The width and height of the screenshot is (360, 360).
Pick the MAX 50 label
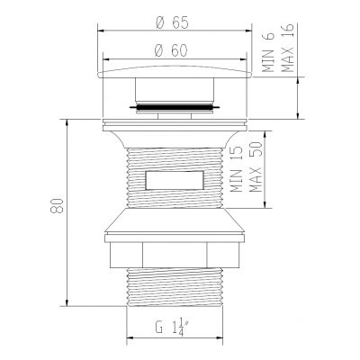(x=257, y=169)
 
